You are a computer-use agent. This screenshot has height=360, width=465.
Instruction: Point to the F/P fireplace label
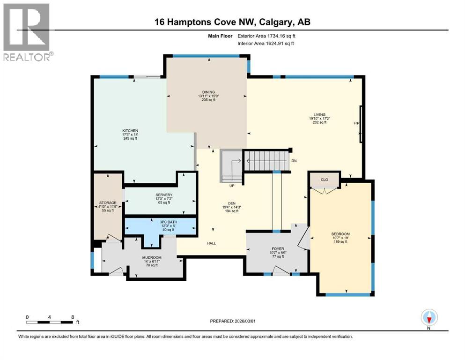coord(356,123)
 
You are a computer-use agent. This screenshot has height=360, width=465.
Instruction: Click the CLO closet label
coord(324,179)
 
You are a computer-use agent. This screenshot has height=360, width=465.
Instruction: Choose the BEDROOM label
coord(340,233)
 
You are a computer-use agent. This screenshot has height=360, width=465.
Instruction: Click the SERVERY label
coord(164,195)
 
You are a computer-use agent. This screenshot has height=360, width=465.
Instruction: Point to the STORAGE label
coord(107,203)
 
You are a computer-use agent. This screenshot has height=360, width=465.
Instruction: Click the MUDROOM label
coord(152,257)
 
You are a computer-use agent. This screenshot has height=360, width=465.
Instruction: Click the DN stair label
coord(294,161)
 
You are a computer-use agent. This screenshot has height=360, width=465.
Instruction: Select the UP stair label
coord(231,185)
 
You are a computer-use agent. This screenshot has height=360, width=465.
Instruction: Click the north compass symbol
coord(428,318)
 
